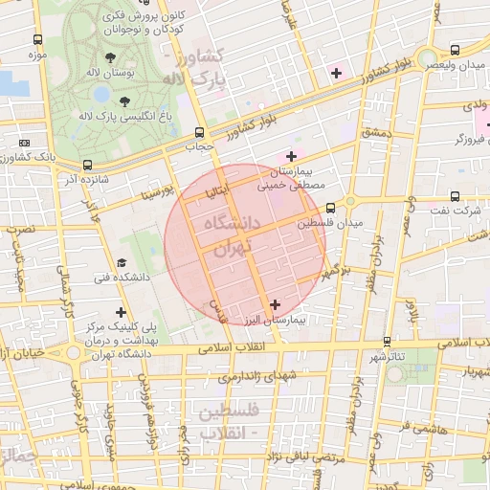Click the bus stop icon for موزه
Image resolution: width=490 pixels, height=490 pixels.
[x=37, y=40]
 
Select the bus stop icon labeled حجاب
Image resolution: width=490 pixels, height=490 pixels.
[x=199, y=133]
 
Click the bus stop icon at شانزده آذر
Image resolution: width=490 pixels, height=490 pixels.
[x=88, y=165]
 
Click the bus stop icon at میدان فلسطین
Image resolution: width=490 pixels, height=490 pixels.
[x=330, y=208]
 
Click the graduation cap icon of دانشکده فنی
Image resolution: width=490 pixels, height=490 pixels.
[x=121, y=262]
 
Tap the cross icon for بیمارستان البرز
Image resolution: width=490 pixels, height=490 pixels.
[x=276, y=304]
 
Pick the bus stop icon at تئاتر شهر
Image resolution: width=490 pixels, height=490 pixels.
[x=387, y=341]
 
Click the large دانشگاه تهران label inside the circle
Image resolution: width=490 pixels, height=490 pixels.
[x=228, y=235]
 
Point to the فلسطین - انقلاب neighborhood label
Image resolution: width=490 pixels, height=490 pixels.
[x=226, y=421]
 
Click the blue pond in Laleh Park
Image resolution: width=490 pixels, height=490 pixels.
[x=101, y=94]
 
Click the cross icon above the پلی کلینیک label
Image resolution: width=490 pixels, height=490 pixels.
[x=121, y=312]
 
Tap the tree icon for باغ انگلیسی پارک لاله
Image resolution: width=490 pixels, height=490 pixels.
[x=126, y=100]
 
